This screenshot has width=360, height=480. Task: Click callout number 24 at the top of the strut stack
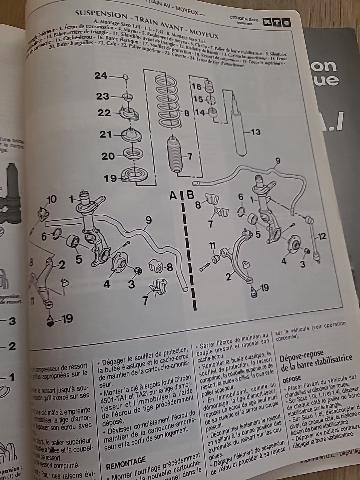tap(101, 76)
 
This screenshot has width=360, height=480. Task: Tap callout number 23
tap(103, 96)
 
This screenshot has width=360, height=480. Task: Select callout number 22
tap(104, 113)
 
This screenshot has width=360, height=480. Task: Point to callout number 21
tap(106, 135)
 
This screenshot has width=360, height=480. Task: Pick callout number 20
tap(108, 156)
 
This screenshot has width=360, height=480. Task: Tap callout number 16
tap(197, 87)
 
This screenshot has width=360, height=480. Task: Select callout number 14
tap(200, 113)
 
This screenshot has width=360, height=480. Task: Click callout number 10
tap(52, 200)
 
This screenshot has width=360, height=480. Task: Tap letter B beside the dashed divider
tap(190, 195)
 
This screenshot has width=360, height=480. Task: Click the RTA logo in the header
tap(276, 22)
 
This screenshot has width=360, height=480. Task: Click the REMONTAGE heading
tap(126, 461)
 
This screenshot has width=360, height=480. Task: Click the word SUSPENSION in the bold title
tap(96, 15)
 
